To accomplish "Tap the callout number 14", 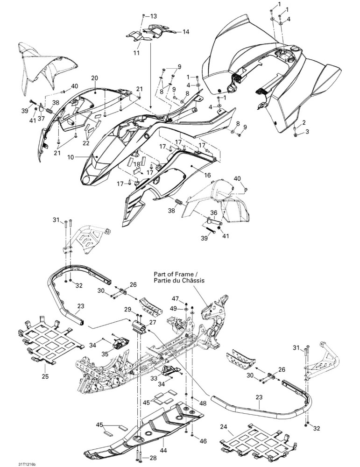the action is pyautogui.click(x=185, y=32).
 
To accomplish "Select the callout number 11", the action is pyautogui.click(x=136, y=53).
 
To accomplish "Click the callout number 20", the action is pyautogui.click(x=94, y=78).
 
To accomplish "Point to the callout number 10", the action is pyautogui.click(x=71, y=157).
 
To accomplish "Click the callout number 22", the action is pyautogui.click(x=86, y=143).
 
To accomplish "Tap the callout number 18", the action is pyautogui.click(x=137, y=164).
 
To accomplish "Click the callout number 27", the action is pyautogui.click(x=153, y=322).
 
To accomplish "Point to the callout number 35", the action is pyautogui.click(x=105, y=354).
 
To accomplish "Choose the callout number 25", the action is pyautogui.click(x=45, y=376).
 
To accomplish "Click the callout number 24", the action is pyautogui.click(x=223, y=427).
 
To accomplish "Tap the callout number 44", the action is pyautogui.click(x=163, y=449).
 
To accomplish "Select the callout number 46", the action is pyautogui.click(x=203, y=441).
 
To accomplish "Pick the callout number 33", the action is pyautogui.click(x=154, y=378).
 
